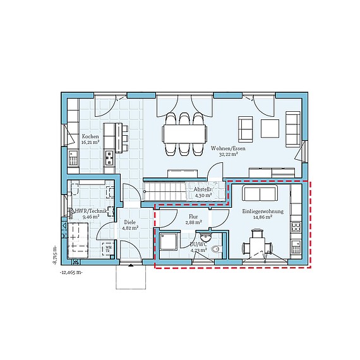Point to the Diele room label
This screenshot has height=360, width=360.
pos(129,222)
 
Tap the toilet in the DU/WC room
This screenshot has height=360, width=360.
pos(217,249)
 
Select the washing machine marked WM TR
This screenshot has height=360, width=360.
pos(108,248)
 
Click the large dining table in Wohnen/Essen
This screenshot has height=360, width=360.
pos(184,133)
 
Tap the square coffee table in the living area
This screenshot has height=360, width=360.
pos(270,128)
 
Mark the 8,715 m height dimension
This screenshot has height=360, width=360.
pos(56,253)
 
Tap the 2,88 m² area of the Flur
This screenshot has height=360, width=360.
pos(193,222)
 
